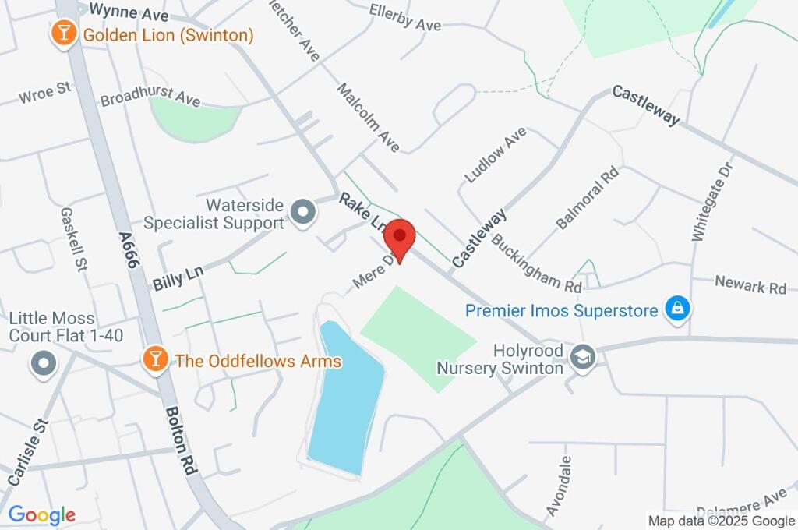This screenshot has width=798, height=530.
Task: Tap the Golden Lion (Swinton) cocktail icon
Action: coord(62,34)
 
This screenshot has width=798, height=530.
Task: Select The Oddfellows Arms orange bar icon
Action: coord(155,359)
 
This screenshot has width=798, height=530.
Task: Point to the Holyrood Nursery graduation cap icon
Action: coord(581,358)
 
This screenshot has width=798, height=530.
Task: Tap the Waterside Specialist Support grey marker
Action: coord(302,212)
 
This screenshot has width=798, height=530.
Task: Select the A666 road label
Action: coord(129,250)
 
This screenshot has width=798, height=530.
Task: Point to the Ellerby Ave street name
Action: coord(405,19)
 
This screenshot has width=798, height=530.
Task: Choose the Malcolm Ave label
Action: coord(368,118)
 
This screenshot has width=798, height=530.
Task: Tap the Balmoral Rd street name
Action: coord(587,197)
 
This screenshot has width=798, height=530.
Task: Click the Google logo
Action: coord(42,515)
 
